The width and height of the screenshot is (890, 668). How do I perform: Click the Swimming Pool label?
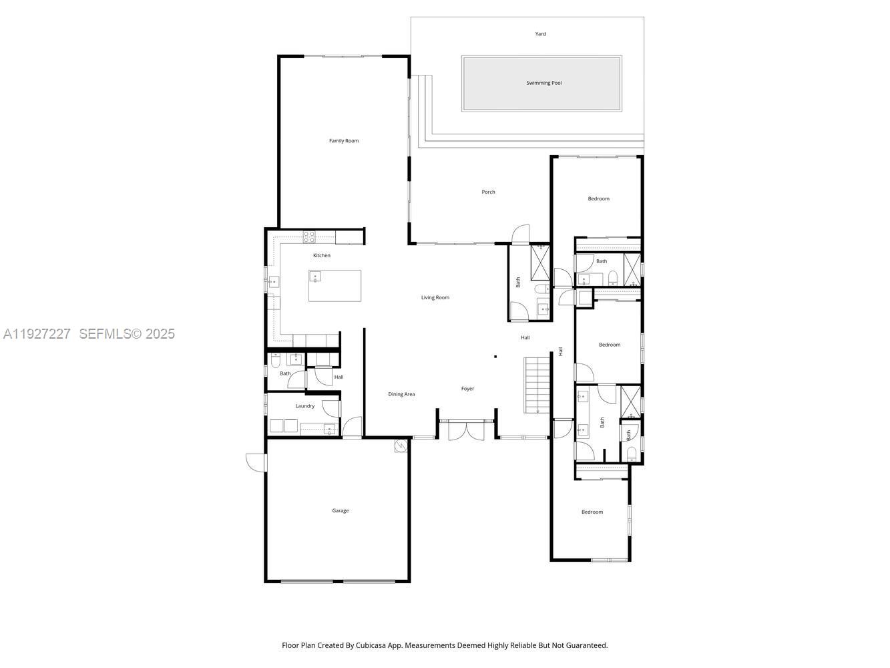tap(543, 83)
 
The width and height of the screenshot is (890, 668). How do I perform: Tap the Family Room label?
tap(344, 141)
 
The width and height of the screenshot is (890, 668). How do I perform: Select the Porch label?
tap(488, 192)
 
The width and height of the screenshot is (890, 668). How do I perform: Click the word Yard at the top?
tap(540, 34)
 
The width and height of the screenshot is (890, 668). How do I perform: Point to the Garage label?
tap(341, 511)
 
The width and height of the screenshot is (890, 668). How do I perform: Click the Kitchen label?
tap(322, 256)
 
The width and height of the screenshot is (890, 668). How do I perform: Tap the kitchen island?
tap(335, 287)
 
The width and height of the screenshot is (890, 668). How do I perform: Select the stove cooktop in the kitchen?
tap(309, 236)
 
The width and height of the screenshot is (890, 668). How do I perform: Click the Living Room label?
tap(435, 298)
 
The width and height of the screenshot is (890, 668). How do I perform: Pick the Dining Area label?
tap(401, 394)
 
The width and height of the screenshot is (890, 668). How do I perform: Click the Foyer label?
tap(467, 389)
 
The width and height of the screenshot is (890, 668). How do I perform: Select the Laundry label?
tap(305, 406)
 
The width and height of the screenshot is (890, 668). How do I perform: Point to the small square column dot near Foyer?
tap(495, 357)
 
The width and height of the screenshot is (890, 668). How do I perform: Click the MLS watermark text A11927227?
tap(37, 334)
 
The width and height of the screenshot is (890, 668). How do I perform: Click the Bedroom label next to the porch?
tap(598, 199)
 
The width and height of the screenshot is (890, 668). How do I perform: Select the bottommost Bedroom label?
tap(592, 512)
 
